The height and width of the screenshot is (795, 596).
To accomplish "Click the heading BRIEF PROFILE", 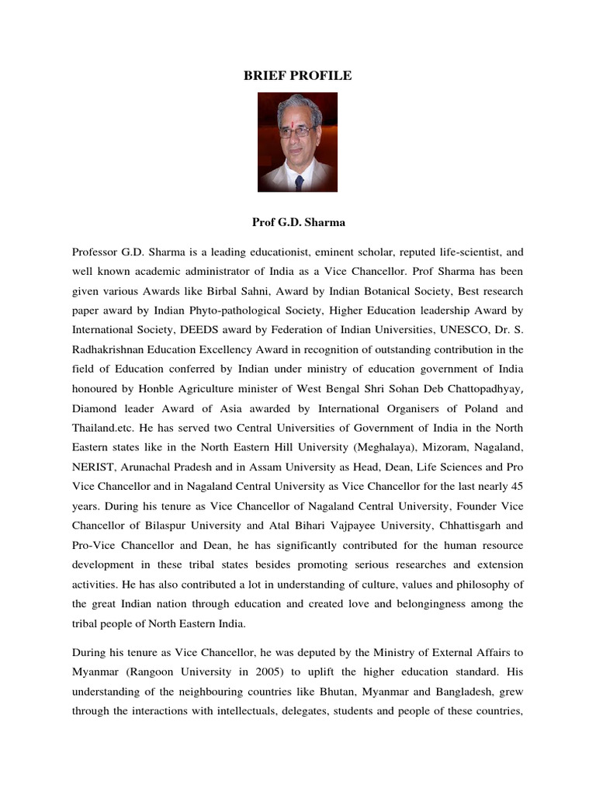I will (298, 75).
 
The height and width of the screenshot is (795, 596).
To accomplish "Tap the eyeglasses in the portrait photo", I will (296, 132).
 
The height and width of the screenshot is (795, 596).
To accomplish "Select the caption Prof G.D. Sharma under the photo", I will (298, 222).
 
